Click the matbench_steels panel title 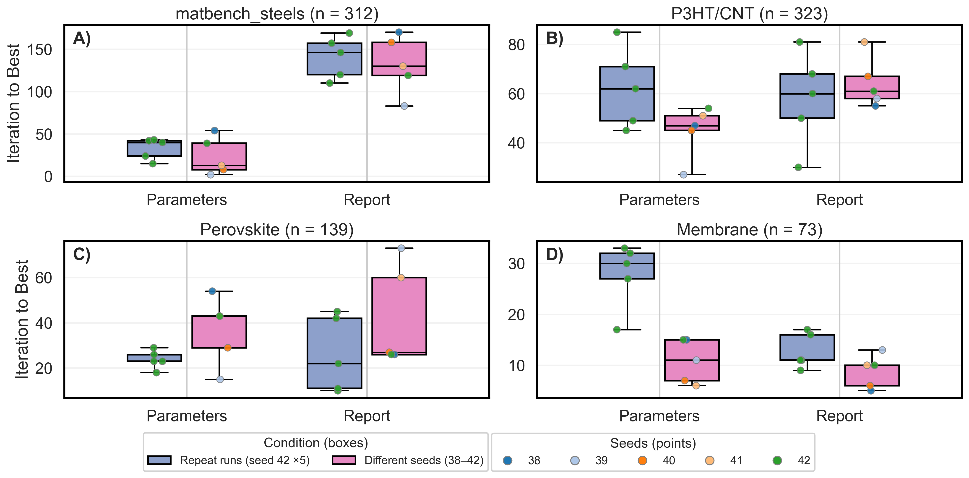277,14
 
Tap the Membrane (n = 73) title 749,230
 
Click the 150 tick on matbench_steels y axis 39,50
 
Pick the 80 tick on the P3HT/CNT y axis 516,45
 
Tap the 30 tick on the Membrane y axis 516,264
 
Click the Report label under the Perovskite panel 367,416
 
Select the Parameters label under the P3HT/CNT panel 659,200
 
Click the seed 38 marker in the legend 508,460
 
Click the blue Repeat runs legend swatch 159,460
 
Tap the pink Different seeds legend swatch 344,460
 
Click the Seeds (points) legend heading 653,443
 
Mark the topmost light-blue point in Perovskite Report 401,248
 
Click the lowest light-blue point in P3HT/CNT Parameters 683,174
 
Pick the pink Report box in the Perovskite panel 399,316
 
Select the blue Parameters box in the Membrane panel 627,266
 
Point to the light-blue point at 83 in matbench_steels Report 404,106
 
